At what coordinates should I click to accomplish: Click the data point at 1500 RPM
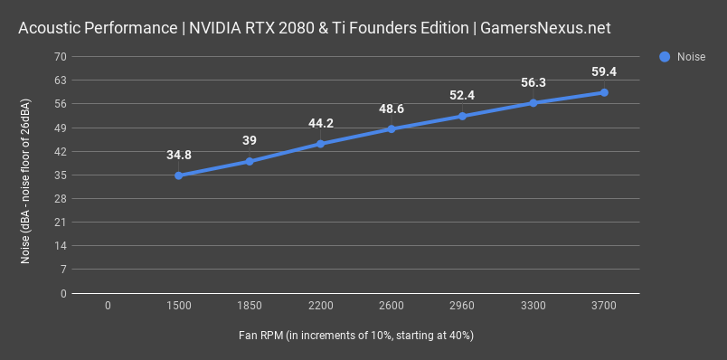(x=179, y=175)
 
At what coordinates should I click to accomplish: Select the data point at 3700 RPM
(x=604, y=92)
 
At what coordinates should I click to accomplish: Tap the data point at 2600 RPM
(x=392, y=128)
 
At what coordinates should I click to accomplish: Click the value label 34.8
(x=179, y=155)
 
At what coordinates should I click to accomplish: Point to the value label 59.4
(x=604, y=71)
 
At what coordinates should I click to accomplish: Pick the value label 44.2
(x=321, y=123)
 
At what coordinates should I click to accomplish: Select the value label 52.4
(x=462, y=95)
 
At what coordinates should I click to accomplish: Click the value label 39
(x=250, y=140)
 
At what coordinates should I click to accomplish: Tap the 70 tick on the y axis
(x=61, y=56)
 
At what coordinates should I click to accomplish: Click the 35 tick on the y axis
(x=61, y=175)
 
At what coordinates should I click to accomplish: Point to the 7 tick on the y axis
(x=63, y=270)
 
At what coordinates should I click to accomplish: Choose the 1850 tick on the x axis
(x=250, y=307)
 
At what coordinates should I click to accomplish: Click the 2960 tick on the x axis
(x=462, y=307)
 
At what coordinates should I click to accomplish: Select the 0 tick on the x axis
(x=108, y=307)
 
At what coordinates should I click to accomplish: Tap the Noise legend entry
(x=684, y=56)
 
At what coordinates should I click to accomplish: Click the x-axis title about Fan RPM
(x=356, y=336)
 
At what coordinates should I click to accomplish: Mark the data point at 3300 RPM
(x=533, y=102)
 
